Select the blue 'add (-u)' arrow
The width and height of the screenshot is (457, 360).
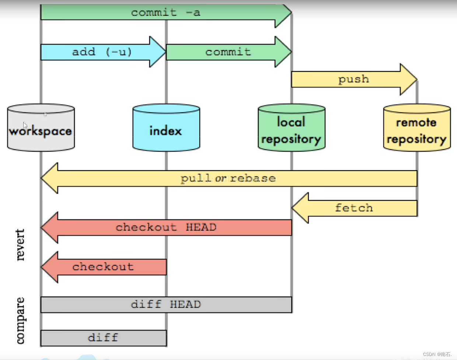click(x=103, y=52)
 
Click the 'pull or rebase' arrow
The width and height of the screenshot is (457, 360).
click(x=229, y=178)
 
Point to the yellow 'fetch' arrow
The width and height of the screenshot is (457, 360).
click(x=354, y=208)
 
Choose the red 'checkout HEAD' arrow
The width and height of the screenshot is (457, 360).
click(x=166, y=227)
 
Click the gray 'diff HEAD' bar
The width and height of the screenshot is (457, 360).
click(x=166, y=305)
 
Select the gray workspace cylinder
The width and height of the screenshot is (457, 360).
click(x=41, y=127)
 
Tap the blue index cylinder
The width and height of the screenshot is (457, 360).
click(x=166, y=127)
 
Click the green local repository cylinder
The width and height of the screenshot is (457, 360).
click(x=292, y=127)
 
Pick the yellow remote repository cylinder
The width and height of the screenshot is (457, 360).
click(x=417, y=127)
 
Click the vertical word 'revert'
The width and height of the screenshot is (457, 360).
click(x=20, y=245)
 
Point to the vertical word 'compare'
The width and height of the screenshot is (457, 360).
click(x=20, y=320)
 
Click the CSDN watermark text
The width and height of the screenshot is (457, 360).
click(x=437, y=354)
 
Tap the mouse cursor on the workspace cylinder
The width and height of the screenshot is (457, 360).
click(x=25, y=125)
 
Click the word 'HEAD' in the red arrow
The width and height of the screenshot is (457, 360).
click(x=201, y=227)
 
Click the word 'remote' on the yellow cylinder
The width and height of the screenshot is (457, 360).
click(x=416, y=123)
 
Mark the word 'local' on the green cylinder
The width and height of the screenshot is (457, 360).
click(x=291, y=122)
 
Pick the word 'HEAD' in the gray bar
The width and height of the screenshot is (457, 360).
click(x=185, y=304)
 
